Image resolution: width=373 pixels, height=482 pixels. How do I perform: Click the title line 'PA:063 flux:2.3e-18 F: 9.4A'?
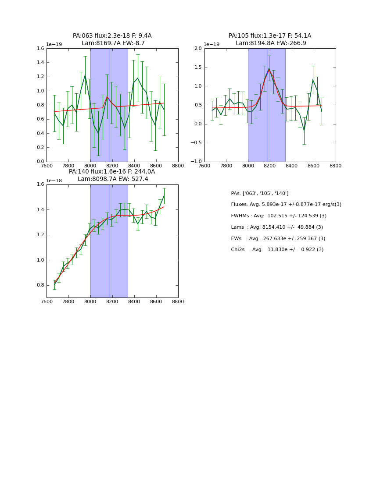coord(112,36)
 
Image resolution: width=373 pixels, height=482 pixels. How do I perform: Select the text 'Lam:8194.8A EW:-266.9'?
coord(271,43)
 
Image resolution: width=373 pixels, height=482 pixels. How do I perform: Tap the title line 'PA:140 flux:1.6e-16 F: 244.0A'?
coord(112,172)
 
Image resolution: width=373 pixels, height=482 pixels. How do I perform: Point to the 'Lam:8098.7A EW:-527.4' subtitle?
coord(113,179)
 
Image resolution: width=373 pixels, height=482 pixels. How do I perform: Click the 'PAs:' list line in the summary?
coord(259,193)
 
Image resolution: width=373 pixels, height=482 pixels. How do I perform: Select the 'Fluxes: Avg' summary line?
coord(286,205)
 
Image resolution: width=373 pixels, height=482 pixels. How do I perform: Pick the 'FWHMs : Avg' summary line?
coord(279,216)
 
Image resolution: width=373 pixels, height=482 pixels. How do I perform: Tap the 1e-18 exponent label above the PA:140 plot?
coord(54,181)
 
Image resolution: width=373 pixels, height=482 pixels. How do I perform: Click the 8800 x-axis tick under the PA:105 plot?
coord(335,166)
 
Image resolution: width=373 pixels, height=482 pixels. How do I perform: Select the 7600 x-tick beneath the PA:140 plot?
coord(47,302)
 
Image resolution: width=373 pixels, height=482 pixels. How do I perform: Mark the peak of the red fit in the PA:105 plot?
coord(269,69)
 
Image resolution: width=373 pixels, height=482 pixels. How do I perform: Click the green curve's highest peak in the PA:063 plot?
coord(85,75)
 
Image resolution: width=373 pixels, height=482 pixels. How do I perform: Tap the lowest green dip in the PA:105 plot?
coord(304,130)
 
